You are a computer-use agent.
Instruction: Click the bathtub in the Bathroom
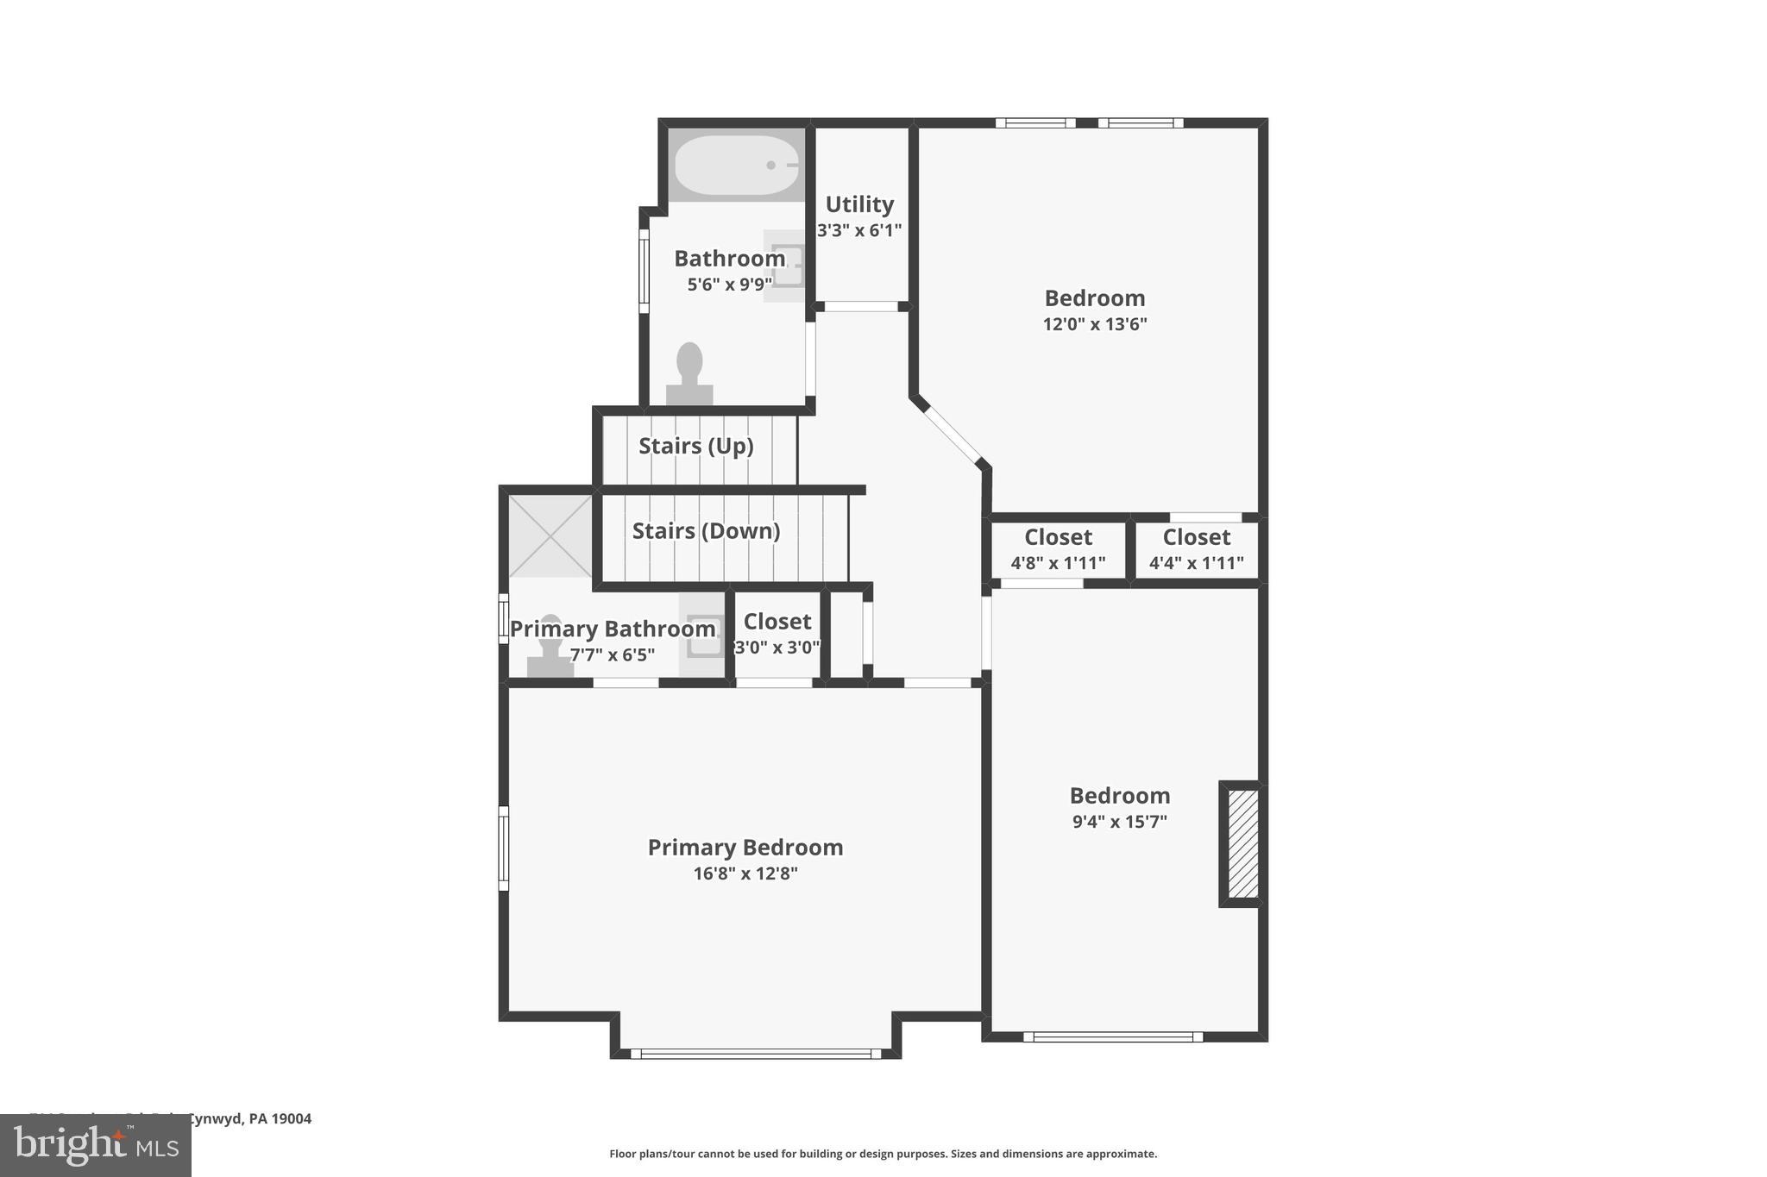point(736,165)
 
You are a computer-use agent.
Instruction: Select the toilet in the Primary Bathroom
point(550,647)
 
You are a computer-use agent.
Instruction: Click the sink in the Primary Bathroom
point(704,636)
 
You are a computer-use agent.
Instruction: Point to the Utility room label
point(859,204)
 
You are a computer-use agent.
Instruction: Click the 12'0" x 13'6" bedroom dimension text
point(1095,324)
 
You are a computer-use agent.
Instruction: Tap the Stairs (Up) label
point(695,446)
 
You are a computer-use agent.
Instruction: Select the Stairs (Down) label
point(706,530)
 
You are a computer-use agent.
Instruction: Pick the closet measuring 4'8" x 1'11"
point(1058,549)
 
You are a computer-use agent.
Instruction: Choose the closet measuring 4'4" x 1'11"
point(1196,549)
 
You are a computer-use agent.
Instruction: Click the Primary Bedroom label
point(745,848)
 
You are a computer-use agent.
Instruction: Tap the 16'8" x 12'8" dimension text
point(745,873)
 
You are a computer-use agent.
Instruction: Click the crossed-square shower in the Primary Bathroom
point(550,535)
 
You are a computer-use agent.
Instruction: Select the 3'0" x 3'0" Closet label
point(777,622)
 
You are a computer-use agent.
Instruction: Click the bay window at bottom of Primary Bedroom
point(755,1053)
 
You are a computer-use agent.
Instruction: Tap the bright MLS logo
point(96,1145)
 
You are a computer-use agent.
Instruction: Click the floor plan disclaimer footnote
point(883,1154)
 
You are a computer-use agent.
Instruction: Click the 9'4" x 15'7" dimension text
point(1119,822)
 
